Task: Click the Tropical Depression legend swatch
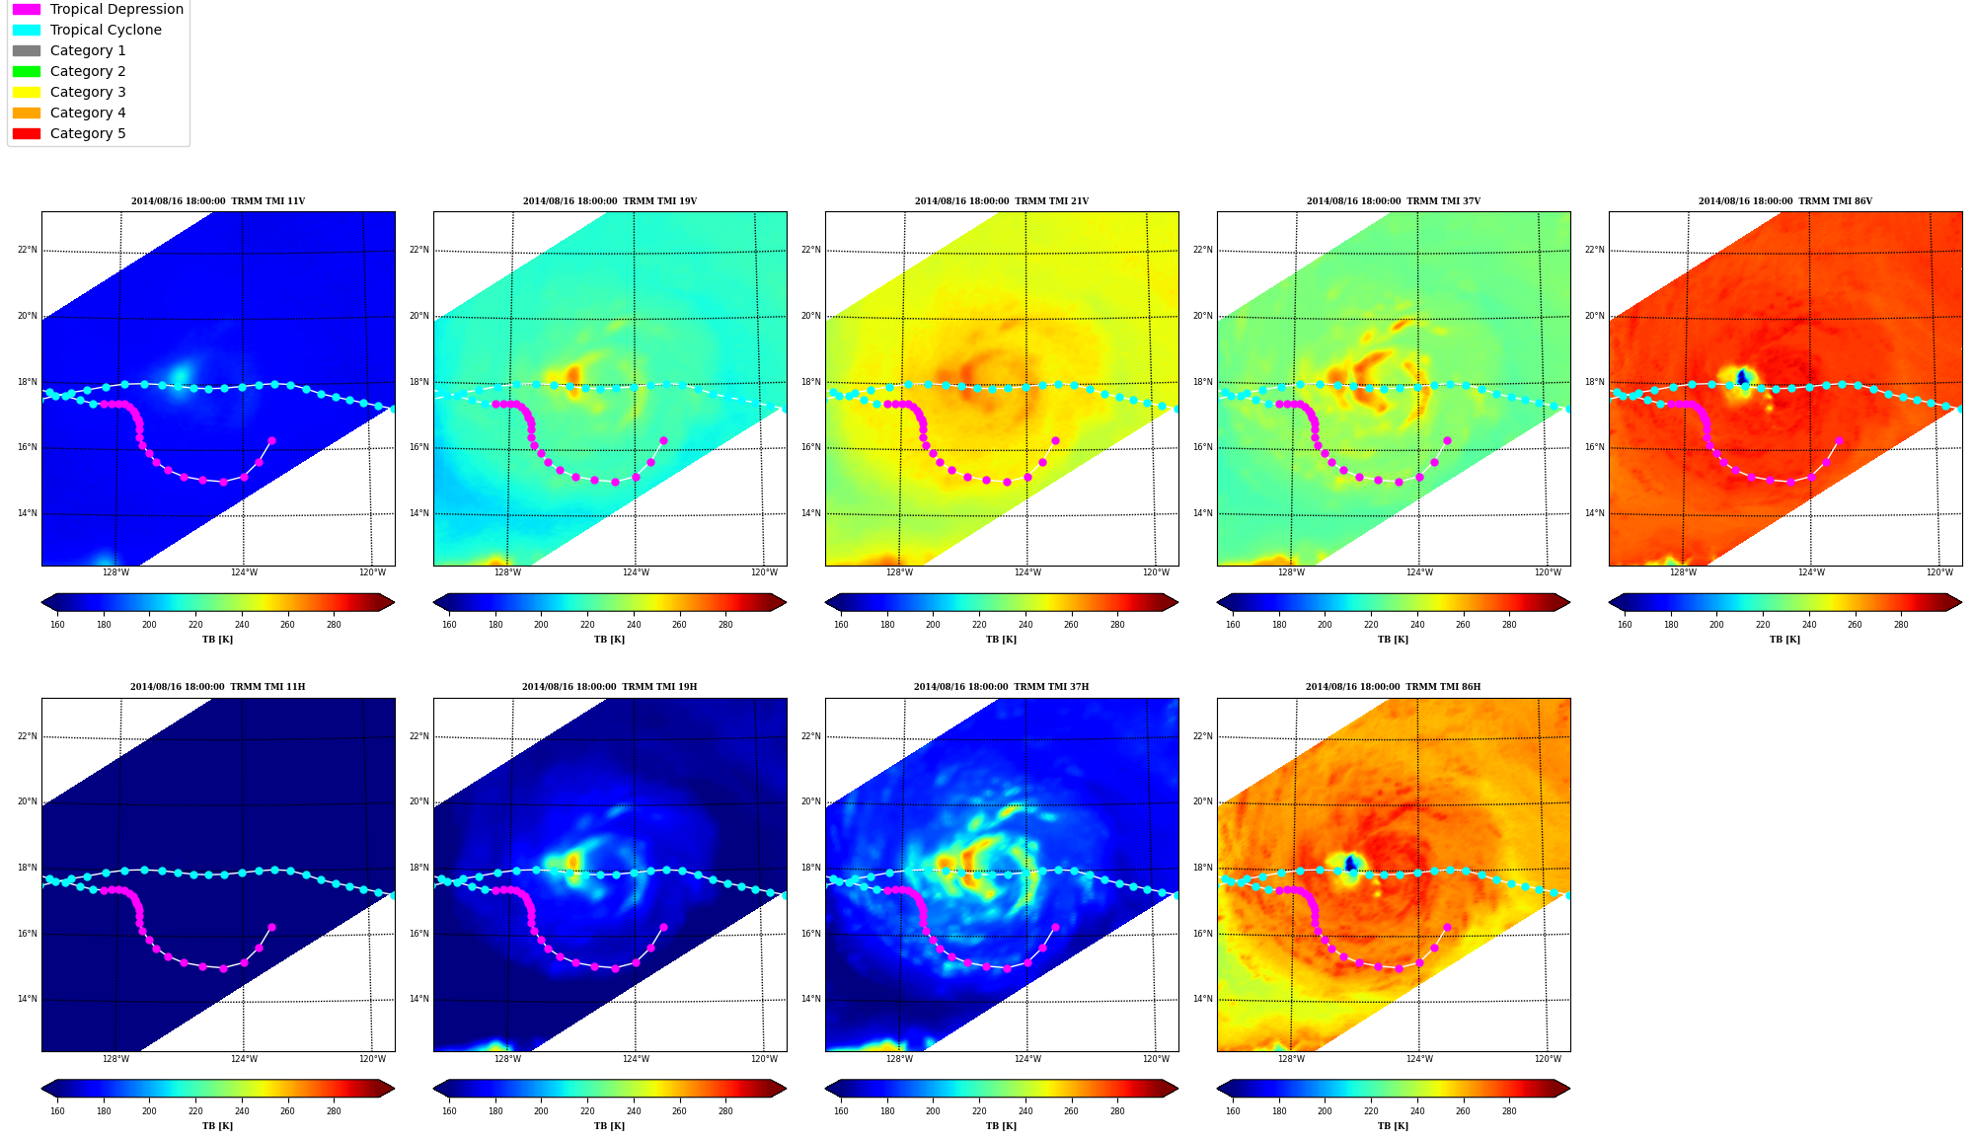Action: point(27,9)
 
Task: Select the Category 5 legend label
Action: point(88,133)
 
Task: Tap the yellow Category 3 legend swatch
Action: point(27,92)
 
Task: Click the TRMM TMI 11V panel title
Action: point(218,201)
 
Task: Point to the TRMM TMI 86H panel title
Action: point(1393,687)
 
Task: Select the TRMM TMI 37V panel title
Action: point(1394,201)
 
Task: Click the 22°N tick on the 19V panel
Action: point(419,250)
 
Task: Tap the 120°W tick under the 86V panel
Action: point(1939,572)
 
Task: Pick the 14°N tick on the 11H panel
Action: point(28,999)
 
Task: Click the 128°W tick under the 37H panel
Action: point(899,1059)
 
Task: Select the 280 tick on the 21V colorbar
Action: point(1117,624)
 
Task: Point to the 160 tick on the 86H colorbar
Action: point(1233,1111)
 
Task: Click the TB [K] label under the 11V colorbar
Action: point(218,640)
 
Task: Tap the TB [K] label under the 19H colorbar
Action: point(610,1126)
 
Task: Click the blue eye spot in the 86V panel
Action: point(1742,377)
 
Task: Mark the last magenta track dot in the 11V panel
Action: point(271,441)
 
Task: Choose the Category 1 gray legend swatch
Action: point(27,50)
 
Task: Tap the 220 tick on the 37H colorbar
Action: point(979,1111)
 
